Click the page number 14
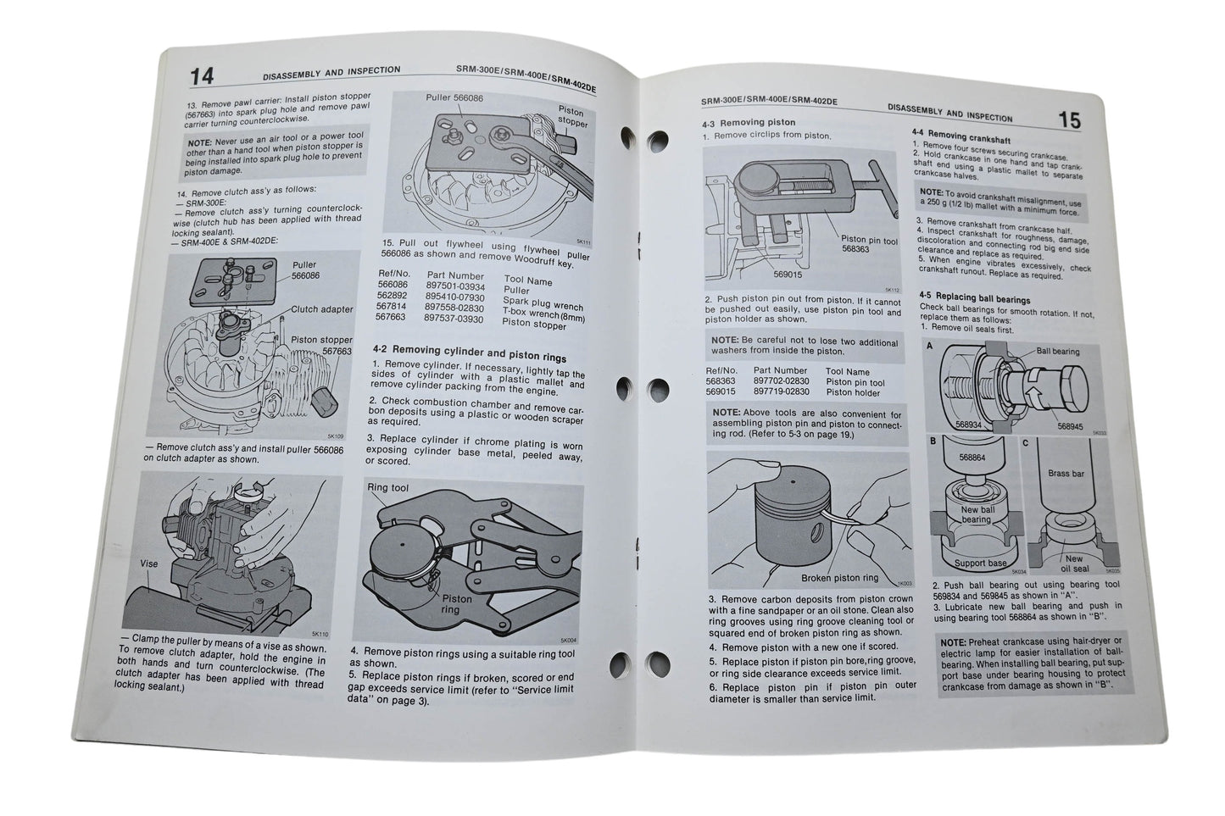point(202,75)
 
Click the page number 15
point(1069,121)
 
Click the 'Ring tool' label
point(387,488)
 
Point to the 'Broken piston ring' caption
point(841,579)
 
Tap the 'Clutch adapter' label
point(321,309)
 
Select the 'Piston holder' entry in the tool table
point(855,392)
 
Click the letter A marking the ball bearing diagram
point(929,346)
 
